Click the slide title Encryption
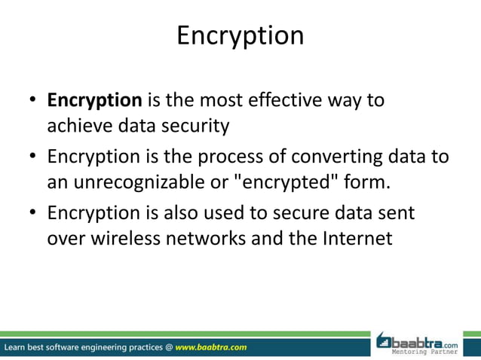[x=240, y=35]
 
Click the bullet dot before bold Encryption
[x=33, y=101]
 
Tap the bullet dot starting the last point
[x=33, y=214]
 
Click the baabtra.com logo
[x=426, y=340]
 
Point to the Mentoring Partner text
[x=434, y=352]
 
